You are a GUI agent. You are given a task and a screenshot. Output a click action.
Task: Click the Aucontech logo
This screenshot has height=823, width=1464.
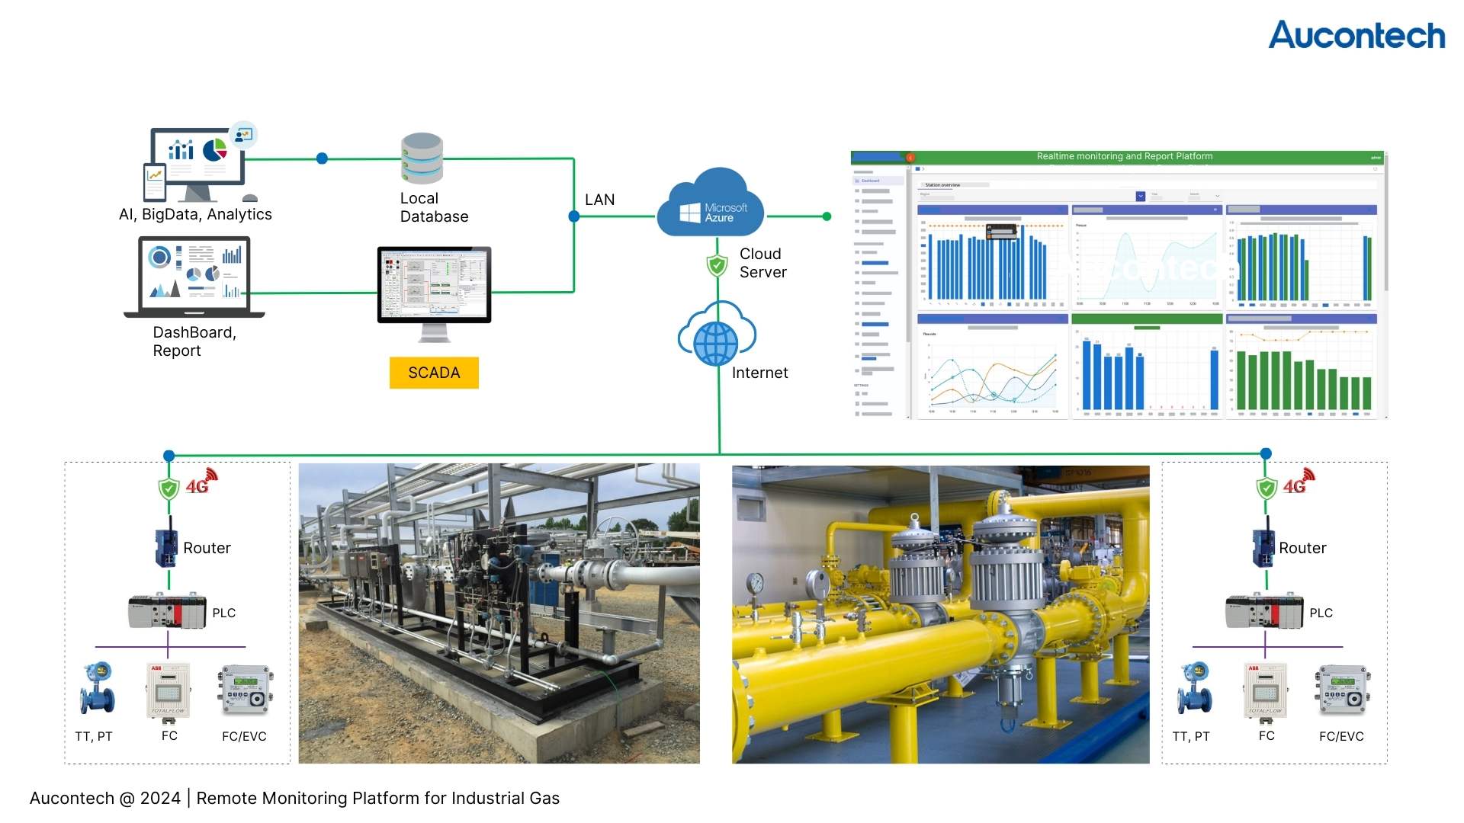[x=1356, y=36]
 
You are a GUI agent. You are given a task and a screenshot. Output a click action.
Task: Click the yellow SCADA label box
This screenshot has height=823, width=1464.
[x=434, y=373]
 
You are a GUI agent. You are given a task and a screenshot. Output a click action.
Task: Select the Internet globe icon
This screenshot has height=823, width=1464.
[x=715, y=342]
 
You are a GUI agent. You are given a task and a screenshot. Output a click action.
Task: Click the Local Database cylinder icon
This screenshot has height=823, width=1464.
[x=422, y=159]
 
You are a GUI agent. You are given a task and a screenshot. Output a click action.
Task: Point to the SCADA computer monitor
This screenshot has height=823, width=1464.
[x=434, y=285]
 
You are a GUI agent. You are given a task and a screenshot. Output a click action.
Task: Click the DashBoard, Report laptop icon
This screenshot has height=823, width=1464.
[x=194, y=277]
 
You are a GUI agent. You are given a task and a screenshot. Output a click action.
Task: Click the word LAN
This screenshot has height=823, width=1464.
[x=599, y=200]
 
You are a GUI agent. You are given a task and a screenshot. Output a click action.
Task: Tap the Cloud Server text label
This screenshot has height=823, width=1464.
[x=762, y=263]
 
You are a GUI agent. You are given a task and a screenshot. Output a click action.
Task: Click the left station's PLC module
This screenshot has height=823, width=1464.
[x=167, y=611]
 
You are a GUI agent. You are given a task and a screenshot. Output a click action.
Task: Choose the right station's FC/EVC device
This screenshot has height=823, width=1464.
[x=1343, y=690]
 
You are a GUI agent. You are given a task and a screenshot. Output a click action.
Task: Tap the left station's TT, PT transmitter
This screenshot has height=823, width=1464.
[x=98, y=688]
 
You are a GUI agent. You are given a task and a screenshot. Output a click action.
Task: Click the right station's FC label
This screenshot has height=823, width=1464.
[x=1267, y=735]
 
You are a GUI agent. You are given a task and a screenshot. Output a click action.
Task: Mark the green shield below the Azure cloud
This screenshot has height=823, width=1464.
[x=717, y=265]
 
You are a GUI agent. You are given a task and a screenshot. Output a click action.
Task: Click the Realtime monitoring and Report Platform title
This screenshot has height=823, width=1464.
[x=1124, y=156]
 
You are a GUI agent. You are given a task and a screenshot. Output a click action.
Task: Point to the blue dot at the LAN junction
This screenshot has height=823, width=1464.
[x=574, y=216]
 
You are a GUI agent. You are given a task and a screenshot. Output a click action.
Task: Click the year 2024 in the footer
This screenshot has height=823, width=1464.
[x=160, y=798]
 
